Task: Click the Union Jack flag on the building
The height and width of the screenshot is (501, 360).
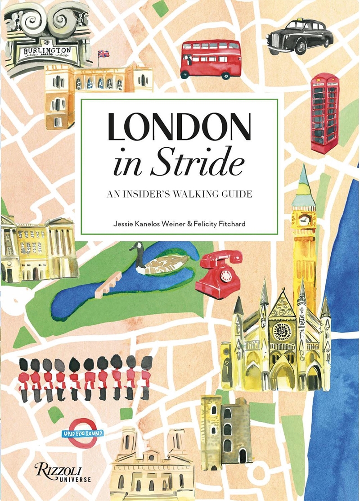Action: [x=103, y=54]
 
